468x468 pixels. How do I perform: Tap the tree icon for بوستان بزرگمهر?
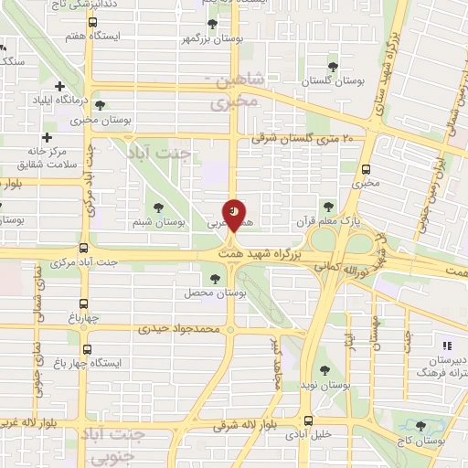click(213, 25)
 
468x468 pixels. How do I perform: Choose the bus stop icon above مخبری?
click(367, 169)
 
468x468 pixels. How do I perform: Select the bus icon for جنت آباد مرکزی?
click(84, 249)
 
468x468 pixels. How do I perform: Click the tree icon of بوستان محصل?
click(216, 278)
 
